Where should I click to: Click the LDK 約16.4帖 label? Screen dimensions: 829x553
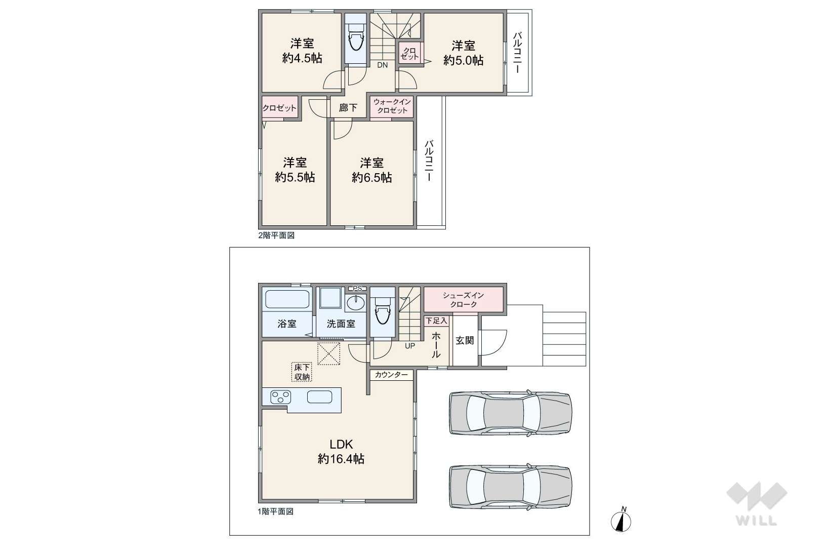click(x=341, y=452)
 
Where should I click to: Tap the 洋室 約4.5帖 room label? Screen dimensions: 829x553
click(x=302, y=51)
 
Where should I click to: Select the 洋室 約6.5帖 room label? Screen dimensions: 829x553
click(x=371, y=170)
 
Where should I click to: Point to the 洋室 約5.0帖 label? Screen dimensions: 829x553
click(x=464, y=53)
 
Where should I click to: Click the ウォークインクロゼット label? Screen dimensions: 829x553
click(x=392, y=106)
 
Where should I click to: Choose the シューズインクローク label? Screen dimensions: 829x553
click(x=464, y=300)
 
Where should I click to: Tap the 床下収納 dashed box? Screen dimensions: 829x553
click(x=302, y=372)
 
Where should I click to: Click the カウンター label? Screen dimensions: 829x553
click(x=391, y=375)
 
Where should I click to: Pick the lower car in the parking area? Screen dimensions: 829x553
click(x=510, y=486)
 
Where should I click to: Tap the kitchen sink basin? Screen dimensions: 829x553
click(x=319, y=397)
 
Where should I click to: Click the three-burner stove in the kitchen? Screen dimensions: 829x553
click(x=280, y=397)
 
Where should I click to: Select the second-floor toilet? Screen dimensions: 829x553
click(x=356, y=36)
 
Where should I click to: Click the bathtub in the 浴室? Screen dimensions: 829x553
click(x=287, y=299)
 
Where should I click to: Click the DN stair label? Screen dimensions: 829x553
click(x=382, y=65)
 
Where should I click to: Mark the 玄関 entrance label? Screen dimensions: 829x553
click(x=465, y=340)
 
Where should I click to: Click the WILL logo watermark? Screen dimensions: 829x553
click(x=757, y=503)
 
